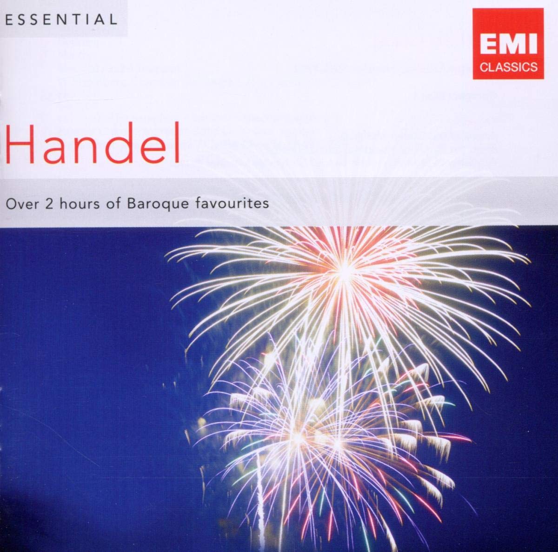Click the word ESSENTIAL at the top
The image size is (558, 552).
pyautogui.click(x=61, y=20)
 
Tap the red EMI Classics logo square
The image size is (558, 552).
pyautogui.click(x=508, y=43)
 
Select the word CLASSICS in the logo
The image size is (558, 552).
pyautogui.click(x=508, y=67)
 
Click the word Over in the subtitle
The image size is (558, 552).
pyautogui.click(x=22, y=204)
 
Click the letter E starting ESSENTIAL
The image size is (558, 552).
pyautogui.click(x=9, y=20)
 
